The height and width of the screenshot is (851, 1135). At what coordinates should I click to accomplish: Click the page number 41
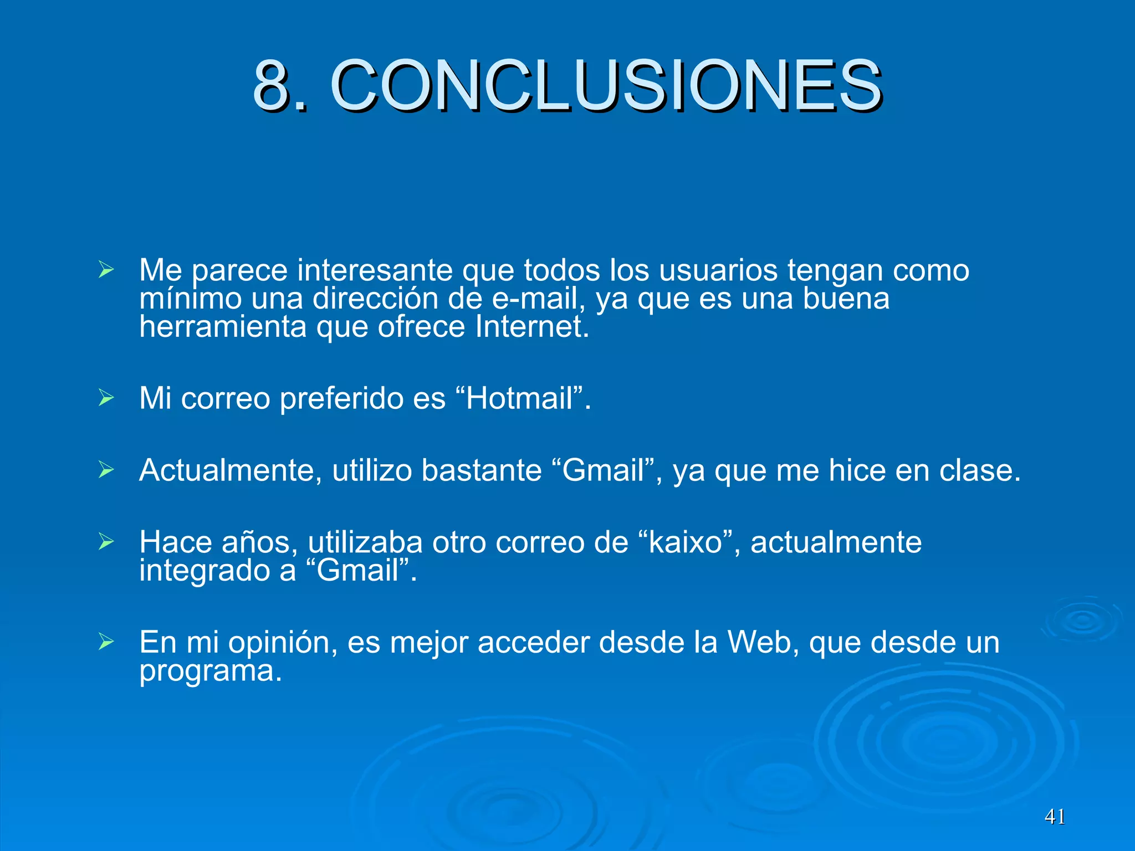pos(1055,817)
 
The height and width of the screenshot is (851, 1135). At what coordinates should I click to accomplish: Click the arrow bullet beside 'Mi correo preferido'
pos(106,398)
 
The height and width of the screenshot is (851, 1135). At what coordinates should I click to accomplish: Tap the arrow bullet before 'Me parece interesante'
pos(106,270)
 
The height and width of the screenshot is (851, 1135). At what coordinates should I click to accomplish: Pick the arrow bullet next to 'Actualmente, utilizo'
pos(106,470)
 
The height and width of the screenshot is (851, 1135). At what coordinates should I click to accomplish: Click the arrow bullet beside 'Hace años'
pos(106,542)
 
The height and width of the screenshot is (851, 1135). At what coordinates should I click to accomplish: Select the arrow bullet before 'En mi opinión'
pos(106,642)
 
